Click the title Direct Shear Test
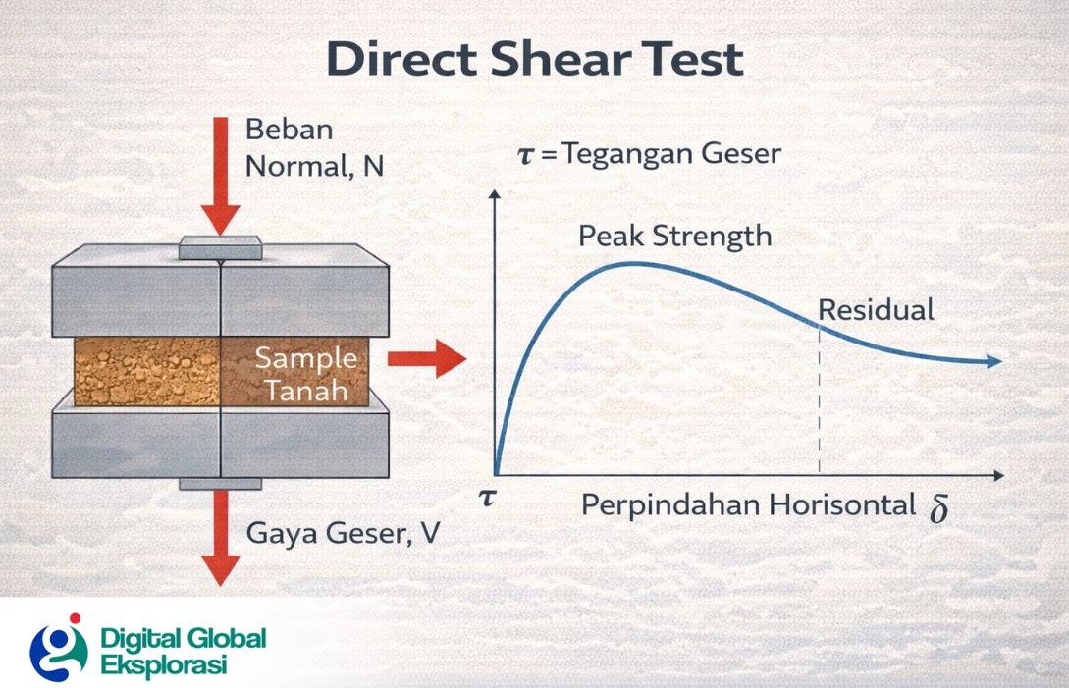[534, 59]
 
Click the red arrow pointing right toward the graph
[426, 359]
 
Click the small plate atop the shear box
[220, 249]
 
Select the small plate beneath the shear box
[220, 483]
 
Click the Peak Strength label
[674, 237]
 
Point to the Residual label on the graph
[876, 310]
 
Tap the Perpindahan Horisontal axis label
[748, 505]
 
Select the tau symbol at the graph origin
[486, 498]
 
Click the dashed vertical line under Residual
[819, 412]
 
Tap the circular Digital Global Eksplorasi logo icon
[58, 647]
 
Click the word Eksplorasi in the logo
[164, 664]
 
